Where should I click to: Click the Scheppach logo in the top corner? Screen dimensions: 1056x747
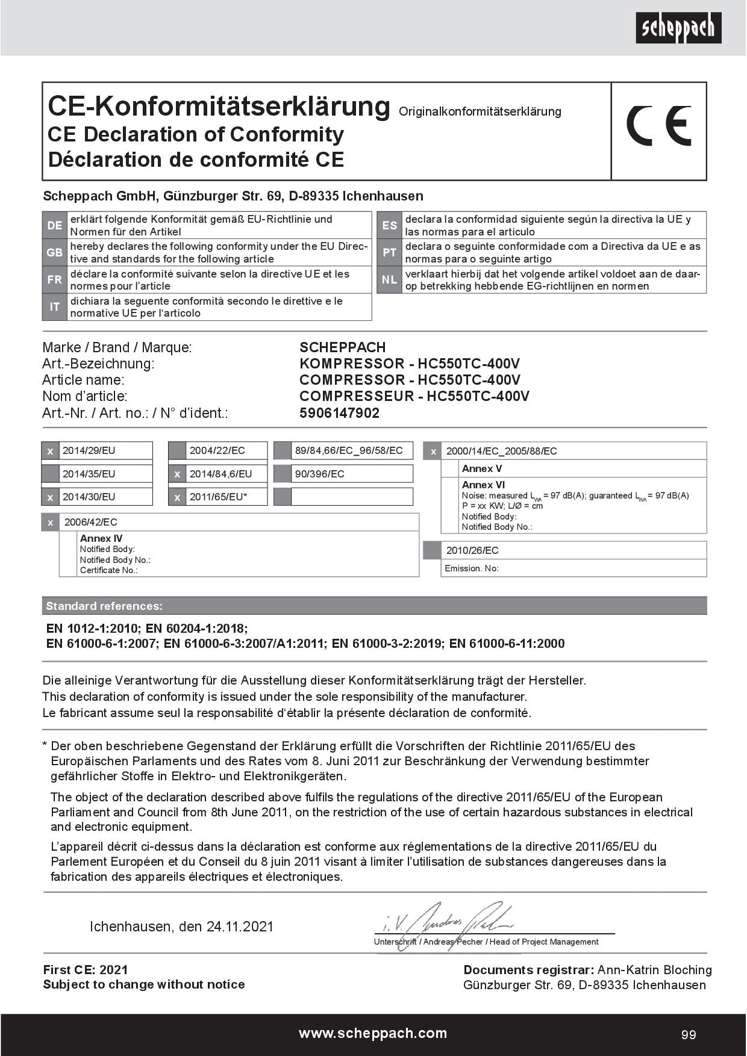click(x=678, y=28)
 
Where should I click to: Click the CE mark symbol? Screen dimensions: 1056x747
click(x=658, y=126)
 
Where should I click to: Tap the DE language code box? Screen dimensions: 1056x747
click(x=54, y=225)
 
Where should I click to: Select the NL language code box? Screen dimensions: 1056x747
click(x=389, y=280)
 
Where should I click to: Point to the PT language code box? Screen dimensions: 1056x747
click(x=389, y=252)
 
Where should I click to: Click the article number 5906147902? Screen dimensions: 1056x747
click(x=339, y=413)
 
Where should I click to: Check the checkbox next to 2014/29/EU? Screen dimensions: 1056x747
click(x=51, y=451)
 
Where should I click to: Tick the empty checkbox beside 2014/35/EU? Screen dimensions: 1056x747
click(x=51, y=474)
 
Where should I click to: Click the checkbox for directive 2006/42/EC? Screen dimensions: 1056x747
click(x=51, y=522)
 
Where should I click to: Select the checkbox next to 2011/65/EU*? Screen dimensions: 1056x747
click(x=177, y=497)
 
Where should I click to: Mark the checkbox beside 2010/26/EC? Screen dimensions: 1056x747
click(x=432, y=550)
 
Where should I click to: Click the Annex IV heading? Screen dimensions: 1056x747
click(x=101, y=538)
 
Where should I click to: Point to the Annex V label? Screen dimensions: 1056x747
click(x=482, y=468)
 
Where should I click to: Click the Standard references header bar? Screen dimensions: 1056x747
click(x=373, y=606)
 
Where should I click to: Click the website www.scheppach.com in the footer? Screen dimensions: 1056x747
click(x=373, y=1034)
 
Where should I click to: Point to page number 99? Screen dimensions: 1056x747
click(x=689, y=1035)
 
